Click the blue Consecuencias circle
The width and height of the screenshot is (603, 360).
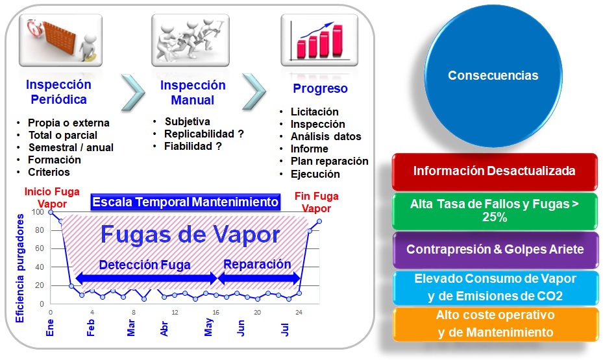[x=493, y=76]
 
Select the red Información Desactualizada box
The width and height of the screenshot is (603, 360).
[x=495, y=171]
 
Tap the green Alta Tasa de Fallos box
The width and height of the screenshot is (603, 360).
[x=495, y=210]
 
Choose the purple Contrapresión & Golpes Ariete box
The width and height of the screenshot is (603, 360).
[x=495, y=250]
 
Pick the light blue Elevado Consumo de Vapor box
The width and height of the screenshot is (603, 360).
[x=495, y=287]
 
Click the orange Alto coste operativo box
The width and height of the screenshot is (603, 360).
[x=495, y=324]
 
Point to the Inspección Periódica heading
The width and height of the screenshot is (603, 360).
[x=58, y=92]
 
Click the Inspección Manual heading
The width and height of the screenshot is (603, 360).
[x=193, y=93]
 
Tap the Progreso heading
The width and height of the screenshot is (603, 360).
[x=320, y=89]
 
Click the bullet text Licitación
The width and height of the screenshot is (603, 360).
[x=315, y=112]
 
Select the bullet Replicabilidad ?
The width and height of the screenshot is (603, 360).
[x=204, y=134]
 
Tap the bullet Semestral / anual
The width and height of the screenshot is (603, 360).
[x=71, y=147]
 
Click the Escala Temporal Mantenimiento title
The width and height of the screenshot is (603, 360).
[x=186, y=202]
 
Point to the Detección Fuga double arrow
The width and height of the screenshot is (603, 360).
[x=145, y=278]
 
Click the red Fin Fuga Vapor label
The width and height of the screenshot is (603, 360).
[x=317, y=202]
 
